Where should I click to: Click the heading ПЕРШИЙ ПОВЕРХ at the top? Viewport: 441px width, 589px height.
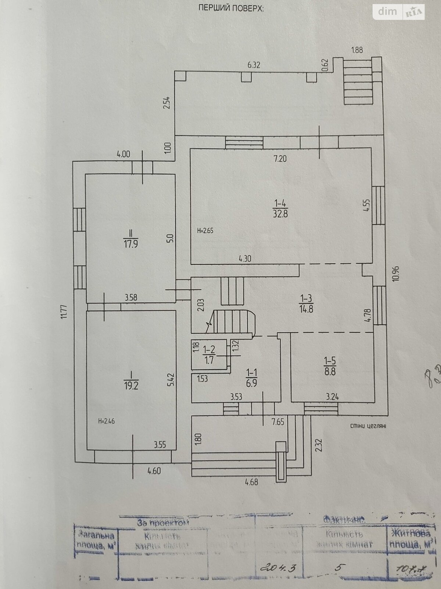pos(231,8)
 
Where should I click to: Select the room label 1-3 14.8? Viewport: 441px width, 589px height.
pos(306,303)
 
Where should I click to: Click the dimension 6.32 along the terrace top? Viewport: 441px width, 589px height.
pos(254,65)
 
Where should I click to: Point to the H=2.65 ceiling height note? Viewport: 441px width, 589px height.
pos(205,231)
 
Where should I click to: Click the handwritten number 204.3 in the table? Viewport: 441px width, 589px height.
pos(276,568)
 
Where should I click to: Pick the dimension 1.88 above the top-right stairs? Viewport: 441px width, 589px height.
pos(357,50)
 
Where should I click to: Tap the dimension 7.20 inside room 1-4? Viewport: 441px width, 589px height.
pos(280,159)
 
